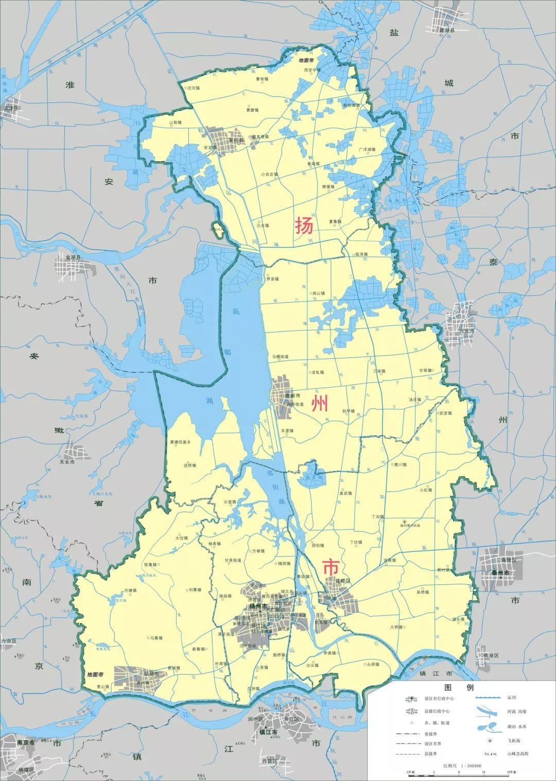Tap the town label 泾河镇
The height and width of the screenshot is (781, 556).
click(x=194, y=88)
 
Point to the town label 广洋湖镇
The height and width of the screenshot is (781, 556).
click(x=367, y=149)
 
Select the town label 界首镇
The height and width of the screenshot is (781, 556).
click(x=272, y=280)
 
